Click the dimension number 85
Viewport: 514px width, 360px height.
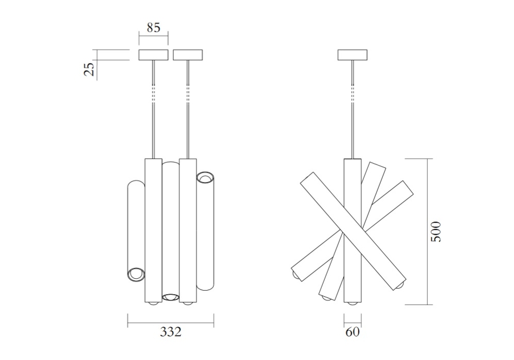tap(153, 28)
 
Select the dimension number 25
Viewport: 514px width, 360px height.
tap(89, 69)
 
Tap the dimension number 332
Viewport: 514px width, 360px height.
tap(171, 332)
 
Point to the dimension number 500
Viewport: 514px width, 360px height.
tap(436, 232)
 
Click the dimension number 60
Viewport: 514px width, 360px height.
tap(353, 332)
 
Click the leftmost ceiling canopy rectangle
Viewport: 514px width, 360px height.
tap(153, 55)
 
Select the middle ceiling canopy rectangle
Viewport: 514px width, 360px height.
tap(188, 55)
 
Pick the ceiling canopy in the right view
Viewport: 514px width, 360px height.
tap(353, 55)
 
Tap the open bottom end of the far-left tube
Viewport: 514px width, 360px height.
tap(136, 275)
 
